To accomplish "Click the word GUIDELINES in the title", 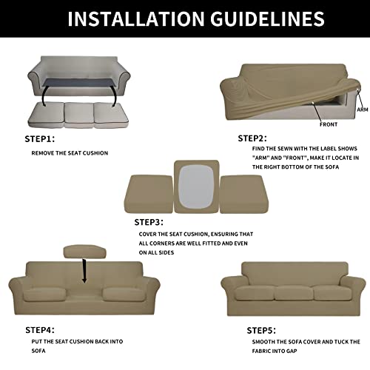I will tap(249, 18).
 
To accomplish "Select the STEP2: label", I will tap(252, 138).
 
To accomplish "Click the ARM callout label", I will tap(362, 110).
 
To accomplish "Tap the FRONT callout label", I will tap(329, 124).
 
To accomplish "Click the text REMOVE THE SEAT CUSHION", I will tap(70, 153).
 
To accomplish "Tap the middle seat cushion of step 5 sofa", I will tap(295, 292).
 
